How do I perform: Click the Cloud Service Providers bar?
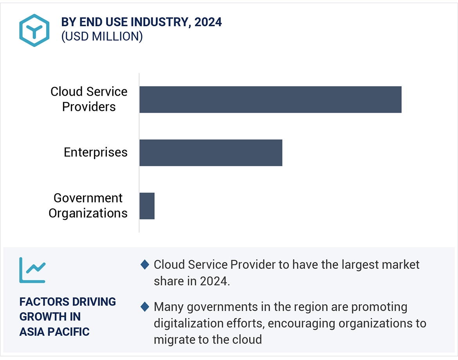(270, 99)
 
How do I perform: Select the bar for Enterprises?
(211, 152)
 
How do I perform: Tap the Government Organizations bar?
(147, 206)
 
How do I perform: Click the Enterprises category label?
(96, 152)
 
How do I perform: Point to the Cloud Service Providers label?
(89, 99)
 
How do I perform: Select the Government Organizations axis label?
(88, 206)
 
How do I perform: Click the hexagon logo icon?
(34, 31)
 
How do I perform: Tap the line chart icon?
(32, 270)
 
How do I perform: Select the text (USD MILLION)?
(102, 36)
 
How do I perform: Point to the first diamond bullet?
(144, 265)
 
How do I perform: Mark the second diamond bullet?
(144, 307)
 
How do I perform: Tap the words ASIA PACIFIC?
(54, 332)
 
